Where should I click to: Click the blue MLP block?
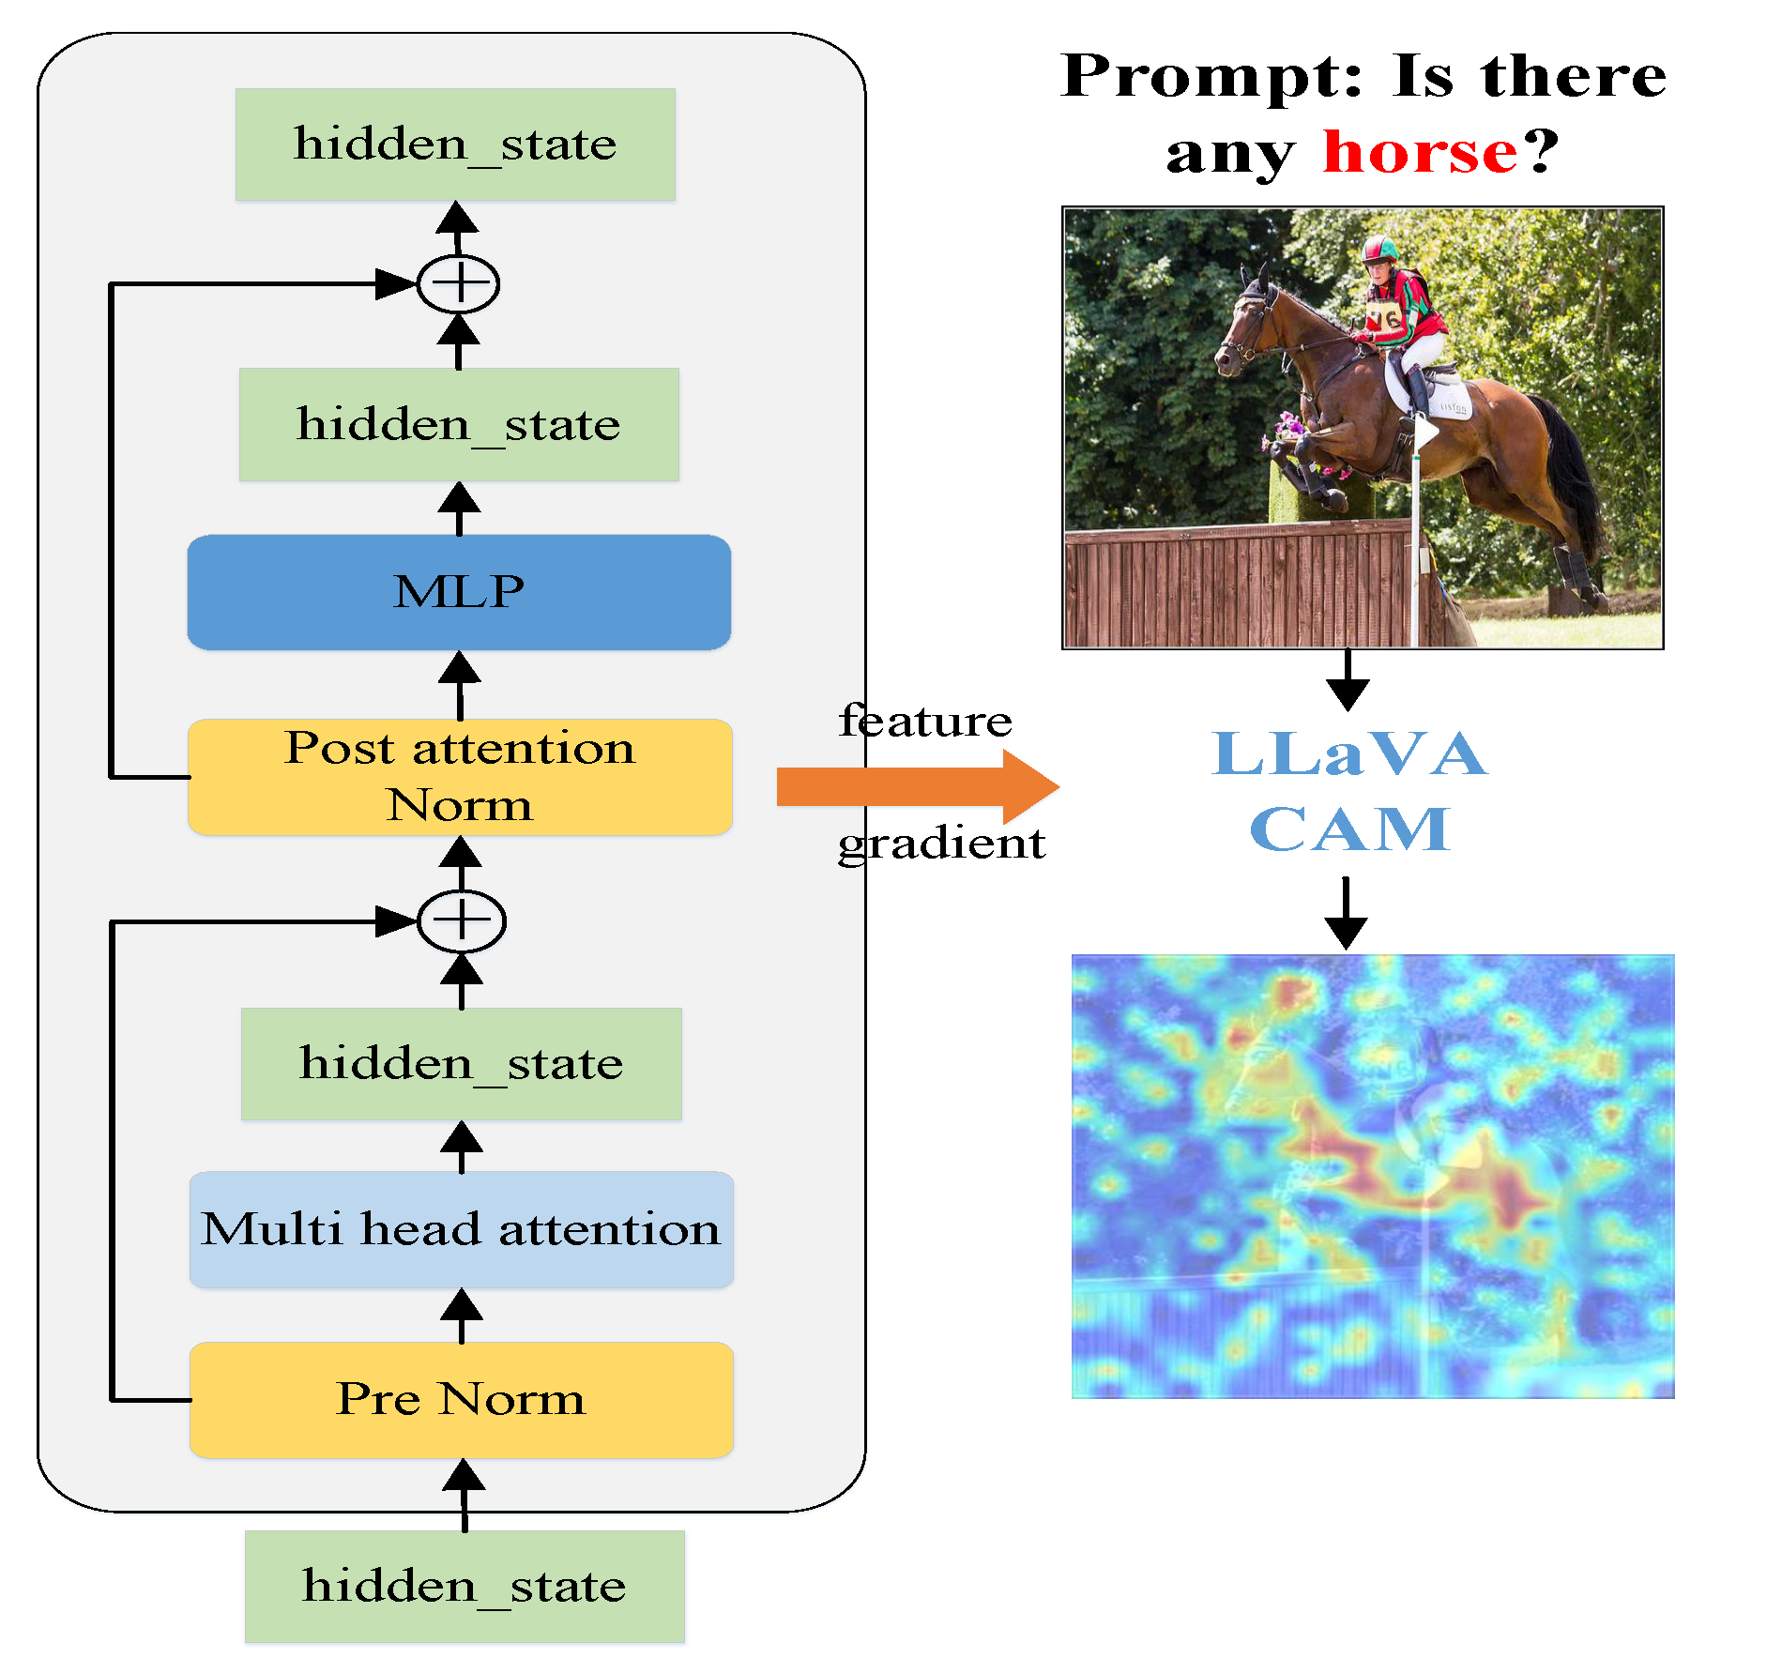(459, 592)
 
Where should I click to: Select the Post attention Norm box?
(460, 777)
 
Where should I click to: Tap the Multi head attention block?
(461, 1229)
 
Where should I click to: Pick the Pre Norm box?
(461, 1399)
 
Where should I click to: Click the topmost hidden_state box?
(455, 144)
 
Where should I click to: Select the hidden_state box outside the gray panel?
(465, 1586)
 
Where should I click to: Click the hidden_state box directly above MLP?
(459, 424)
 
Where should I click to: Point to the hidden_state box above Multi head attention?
(461, 1063)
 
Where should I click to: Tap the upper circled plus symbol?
(458, 283)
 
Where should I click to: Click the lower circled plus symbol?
(461, 920)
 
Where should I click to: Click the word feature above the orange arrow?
(925, 721)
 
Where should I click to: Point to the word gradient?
(940, 843)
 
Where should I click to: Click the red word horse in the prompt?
(1419, 152)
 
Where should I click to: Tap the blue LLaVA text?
(1348, 753)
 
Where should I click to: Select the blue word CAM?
(1349, 829)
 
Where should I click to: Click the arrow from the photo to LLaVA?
(1348, 681)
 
